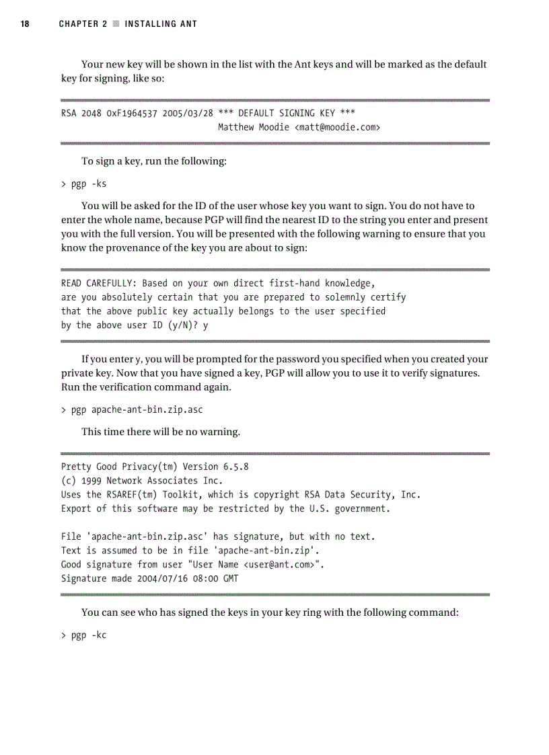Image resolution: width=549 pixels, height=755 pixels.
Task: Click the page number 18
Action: (x=25, y=24)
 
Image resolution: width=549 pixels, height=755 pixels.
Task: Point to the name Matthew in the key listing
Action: (x=235, y=126)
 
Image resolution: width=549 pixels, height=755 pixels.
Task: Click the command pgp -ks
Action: (x=88, y=184)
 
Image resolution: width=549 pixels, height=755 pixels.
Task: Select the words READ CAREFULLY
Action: (x=98, y=283)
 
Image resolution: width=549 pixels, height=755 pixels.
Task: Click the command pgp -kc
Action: (x=88, y=635)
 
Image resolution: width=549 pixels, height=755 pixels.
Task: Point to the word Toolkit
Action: (x=180, y=495)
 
